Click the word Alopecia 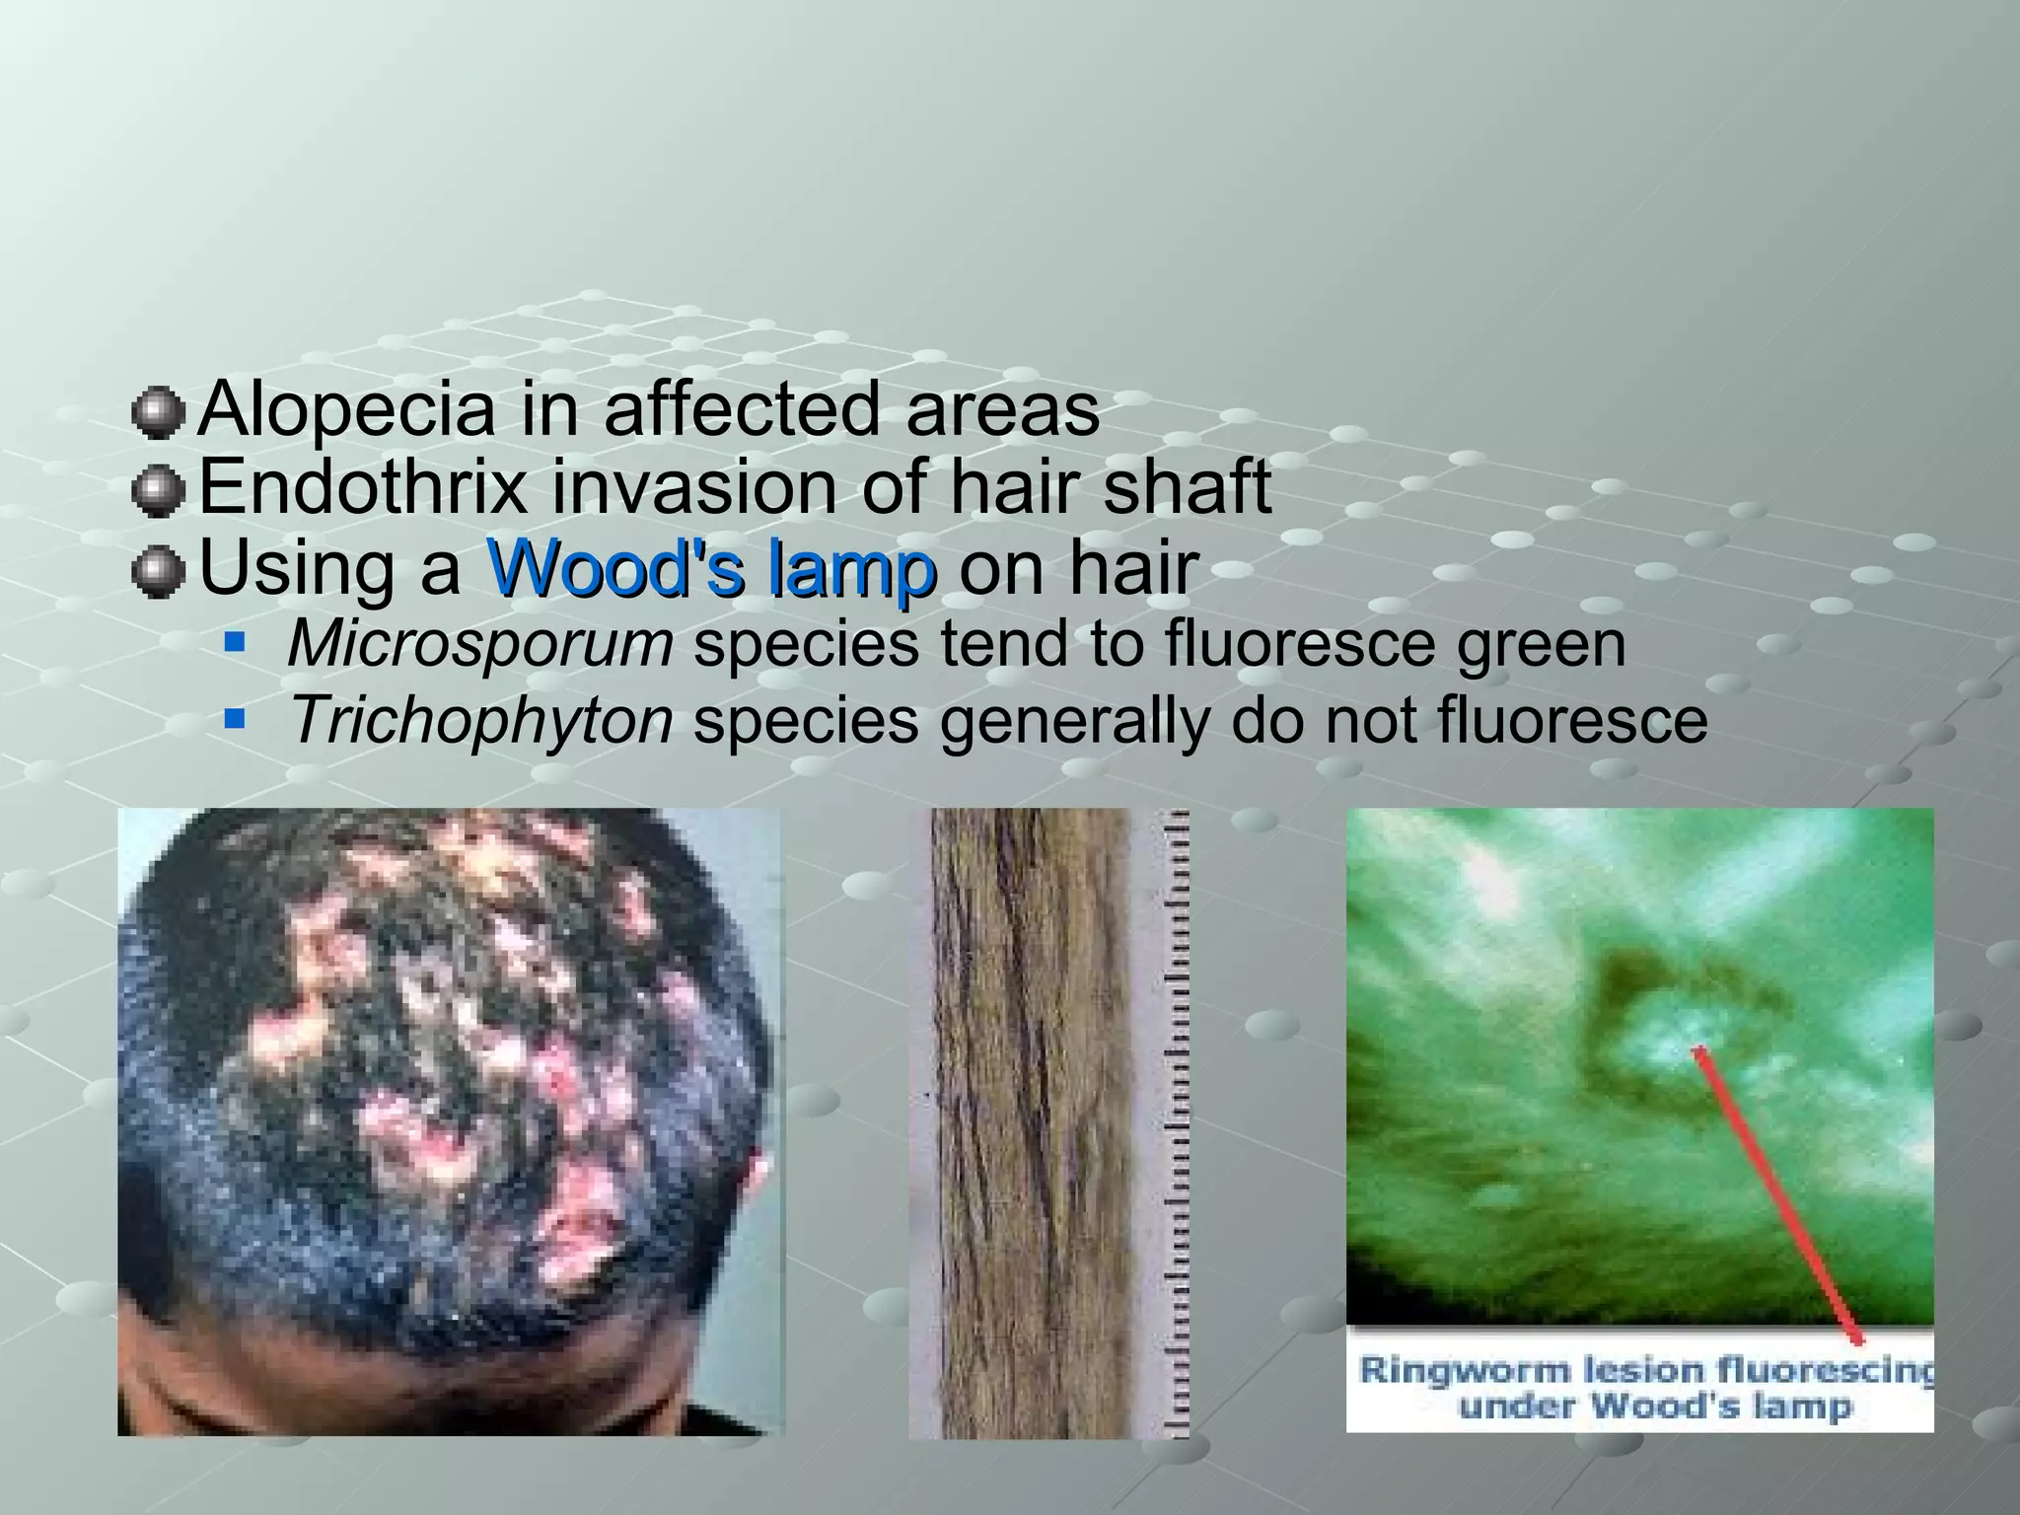point(346,409)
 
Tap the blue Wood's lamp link point(711,569)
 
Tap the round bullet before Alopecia point(158,413)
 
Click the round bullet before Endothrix point(158,490)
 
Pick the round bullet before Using point(158,572)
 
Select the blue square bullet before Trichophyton point(235,721)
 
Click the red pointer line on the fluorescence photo point(1775,1193)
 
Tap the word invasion point(694,487)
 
